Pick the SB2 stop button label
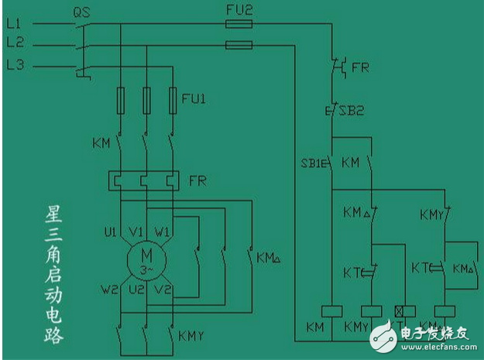coord(349,111)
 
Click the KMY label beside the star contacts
coord(191,336)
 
